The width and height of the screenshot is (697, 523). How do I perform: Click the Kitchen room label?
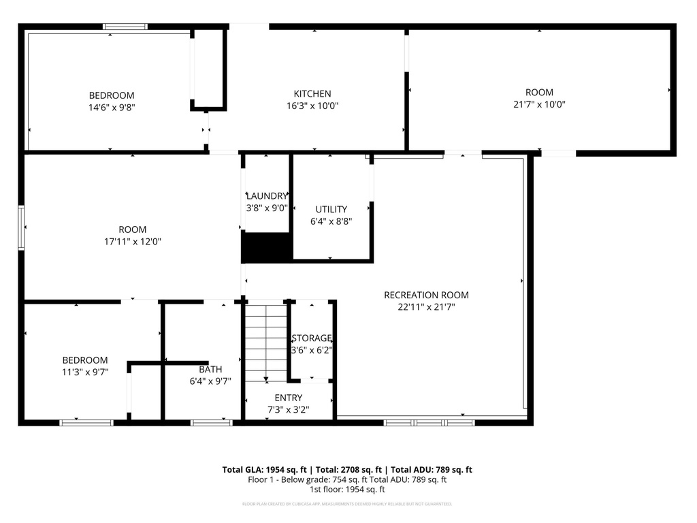pyautogui.click(x=312, y=94)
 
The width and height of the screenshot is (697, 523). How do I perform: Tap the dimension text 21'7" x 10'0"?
pyautogui.click(x=539, y=105)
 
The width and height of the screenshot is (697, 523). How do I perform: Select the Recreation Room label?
pyautogui.click(x=426, y=295)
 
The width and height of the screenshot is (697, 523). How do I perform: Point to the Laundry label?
pyautogui.click(x=267, y=196)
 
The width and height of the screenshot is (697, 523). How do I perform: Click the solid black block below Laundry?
pyautogui.click(x=266, y=247)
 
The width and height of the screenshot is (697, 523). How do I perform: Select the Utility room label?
pyautogui.click(x=331, y=209)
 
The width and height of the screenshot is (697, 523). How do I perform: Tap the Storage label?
pyautogui.click(x=312, y=338)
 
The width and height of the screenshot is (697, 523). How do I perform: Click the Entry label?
pyautogui.click(x=289, y=398)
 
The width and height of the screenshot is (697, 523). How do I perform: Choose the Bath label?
pyautogui.click(x=210, y=369)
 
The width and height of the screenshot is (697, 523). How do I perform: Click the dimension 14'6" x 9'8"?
pyautogui.click(x=112, y=107)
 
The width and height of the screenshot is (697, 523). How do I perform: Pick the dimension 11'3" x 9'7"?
pyautogui.click(x=85, y=372)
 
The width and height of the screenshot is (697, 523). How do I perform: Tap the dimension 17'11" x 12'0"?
pyautogui.click(x=131, y=241)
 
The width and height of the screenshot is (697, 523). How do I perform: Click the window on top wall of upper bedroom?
pyautogui.click(x=125, y=27)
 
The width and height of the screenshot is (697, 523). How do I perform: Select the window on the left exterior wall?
pyautogui.click(x=21, y=227)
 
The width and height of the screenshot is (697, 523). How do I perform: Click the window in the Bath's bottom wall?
pyautogui.click(x=211, y=423)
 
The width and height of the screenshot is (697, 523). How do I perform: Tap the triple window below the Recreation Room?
pyautogui.click(x=429, y=423)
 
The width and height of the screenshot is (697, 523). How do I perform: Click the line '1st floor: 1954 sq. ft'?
pyautogui.click(x=347, y=489)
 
